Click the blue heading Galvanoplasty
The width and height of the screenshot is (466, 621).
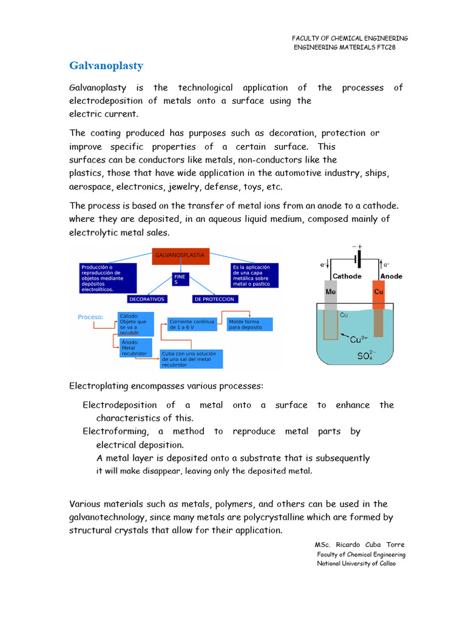pyautogui.click(x=106, y=65)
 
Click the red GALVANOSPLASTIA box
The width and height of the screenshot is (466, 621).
pyautogui.click(x=180, y=256)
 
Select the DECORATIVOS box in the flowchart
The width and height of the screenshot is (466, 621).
pyautogui.click(x=147, y=299)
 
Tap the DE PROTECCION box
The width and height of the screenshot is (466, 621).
pyautogui.click(x=214, y=299)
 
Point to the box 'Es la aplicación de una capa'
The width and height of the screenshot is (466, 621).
pyautogui.click(x=254, y=275)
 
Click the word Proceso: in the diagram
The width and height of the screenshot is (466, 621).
pyautogui.click(x=90, y=317)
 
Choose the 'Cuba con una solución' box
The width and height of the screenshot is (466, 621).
pyautogui.click(x=191, y=358)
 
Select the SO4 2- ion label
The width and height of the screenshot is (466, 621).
pyautogui.click(x=366, y=356)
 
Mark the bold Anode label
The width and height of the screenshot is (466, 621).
pyautogui.click(x=391, y=277)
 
